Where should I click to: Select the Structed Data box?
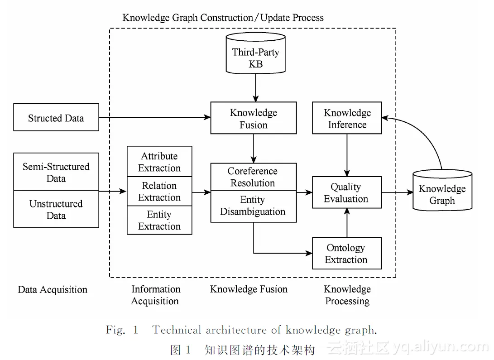(56, 118)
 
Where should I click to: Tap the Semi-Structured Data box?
(56, 172)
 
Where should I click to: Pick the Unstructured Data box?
(56, 209)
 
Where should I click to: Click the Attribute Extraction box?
(159, 162)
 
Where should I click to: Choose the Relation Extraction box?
(159, 192)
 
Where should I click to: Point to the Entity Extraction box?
(159, 220)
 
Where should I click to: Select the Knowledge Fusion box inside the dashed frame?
(254, 118)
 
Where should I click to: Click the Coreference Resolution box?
(253, 177)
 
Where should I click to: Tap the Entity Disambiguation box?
(253, 206)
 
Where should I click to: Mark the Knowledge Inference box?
(347, 118)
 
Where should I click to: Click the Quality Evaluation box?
(347, 192)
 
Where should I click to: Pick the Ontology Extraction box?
(347, 254)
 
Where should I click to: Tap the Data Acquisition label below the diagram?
(53, 290)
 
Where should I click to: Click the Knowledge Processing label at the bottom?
(347, 295)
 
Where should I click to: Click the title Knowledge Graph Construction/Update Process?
(223, 18)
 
